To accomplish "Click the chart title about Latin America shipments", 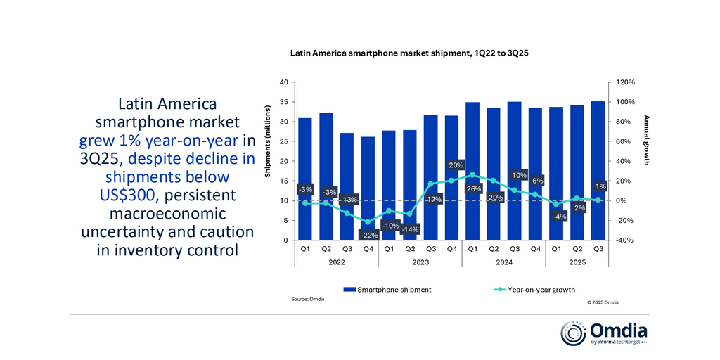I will [x=414, y=53].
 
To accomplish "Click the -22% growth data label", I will [x=368, y=235].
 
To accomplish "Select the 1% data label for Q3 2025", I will [x=599, y=186].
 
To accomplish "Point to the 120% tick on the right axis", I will [x=625, y=82].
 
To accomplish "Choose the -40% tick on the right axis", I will [x=625, y=240].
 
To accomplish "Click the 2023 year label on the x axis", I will [x=420, y=262].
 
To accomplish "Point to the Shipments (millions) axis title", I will [x=267, y=147].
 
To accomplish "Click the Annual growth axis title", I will [x=646, y=140].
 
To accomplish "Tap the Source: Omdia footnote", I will [x=307, y=300].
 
